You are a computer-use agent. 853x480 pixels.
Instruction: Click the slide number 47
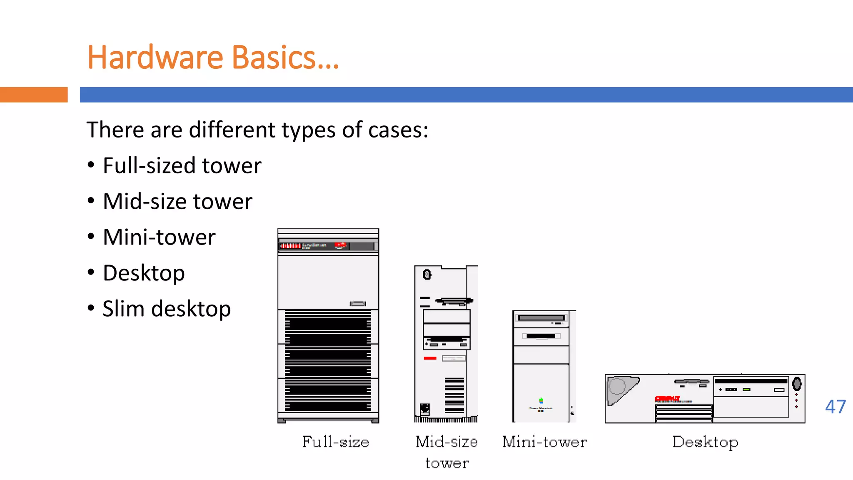(835, 407)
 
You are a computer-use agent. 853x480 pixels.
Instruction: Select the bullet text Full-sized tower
(182, 166)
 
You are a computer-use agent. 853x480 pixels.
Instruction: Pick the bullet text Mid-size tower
(177, 202)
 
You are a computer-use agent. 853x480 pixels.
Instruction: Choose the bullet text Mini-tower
(159, 237)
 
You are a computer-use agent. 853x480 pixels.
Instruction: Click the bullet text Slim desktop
(167, 309)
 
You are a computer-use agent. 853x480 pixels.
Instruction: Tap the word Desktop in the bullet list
(144, 273)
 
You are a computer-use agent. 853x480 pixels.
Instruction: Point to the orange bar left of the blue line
(34, 95)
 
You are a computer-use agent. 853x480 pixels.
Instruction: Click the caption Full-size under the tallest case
(336, 442)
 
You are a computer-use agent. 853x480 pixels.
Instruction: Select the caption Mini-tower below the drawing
(544, 442)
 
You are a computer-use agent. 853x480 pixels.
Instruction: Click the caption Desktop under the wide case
(705, 442)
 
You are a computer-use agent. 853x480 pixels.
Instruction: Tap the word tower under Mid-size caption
(447, 463)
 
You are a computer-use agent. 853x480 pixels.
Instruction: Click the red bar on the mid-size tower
(430, 358)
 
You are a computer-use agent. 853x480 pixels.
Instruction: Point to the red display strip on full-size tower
(290, 246)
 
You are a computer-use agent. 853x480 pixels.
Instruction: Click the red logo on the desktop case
(667, 398)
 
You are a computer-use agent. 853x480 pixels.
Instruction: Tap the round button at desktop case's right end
(796, 384)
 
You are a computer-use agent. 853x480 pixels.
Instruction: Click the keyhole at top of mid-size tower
(427, 275)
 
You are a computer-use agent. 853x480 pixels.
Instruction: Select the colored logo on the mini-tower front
(541, 401)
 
